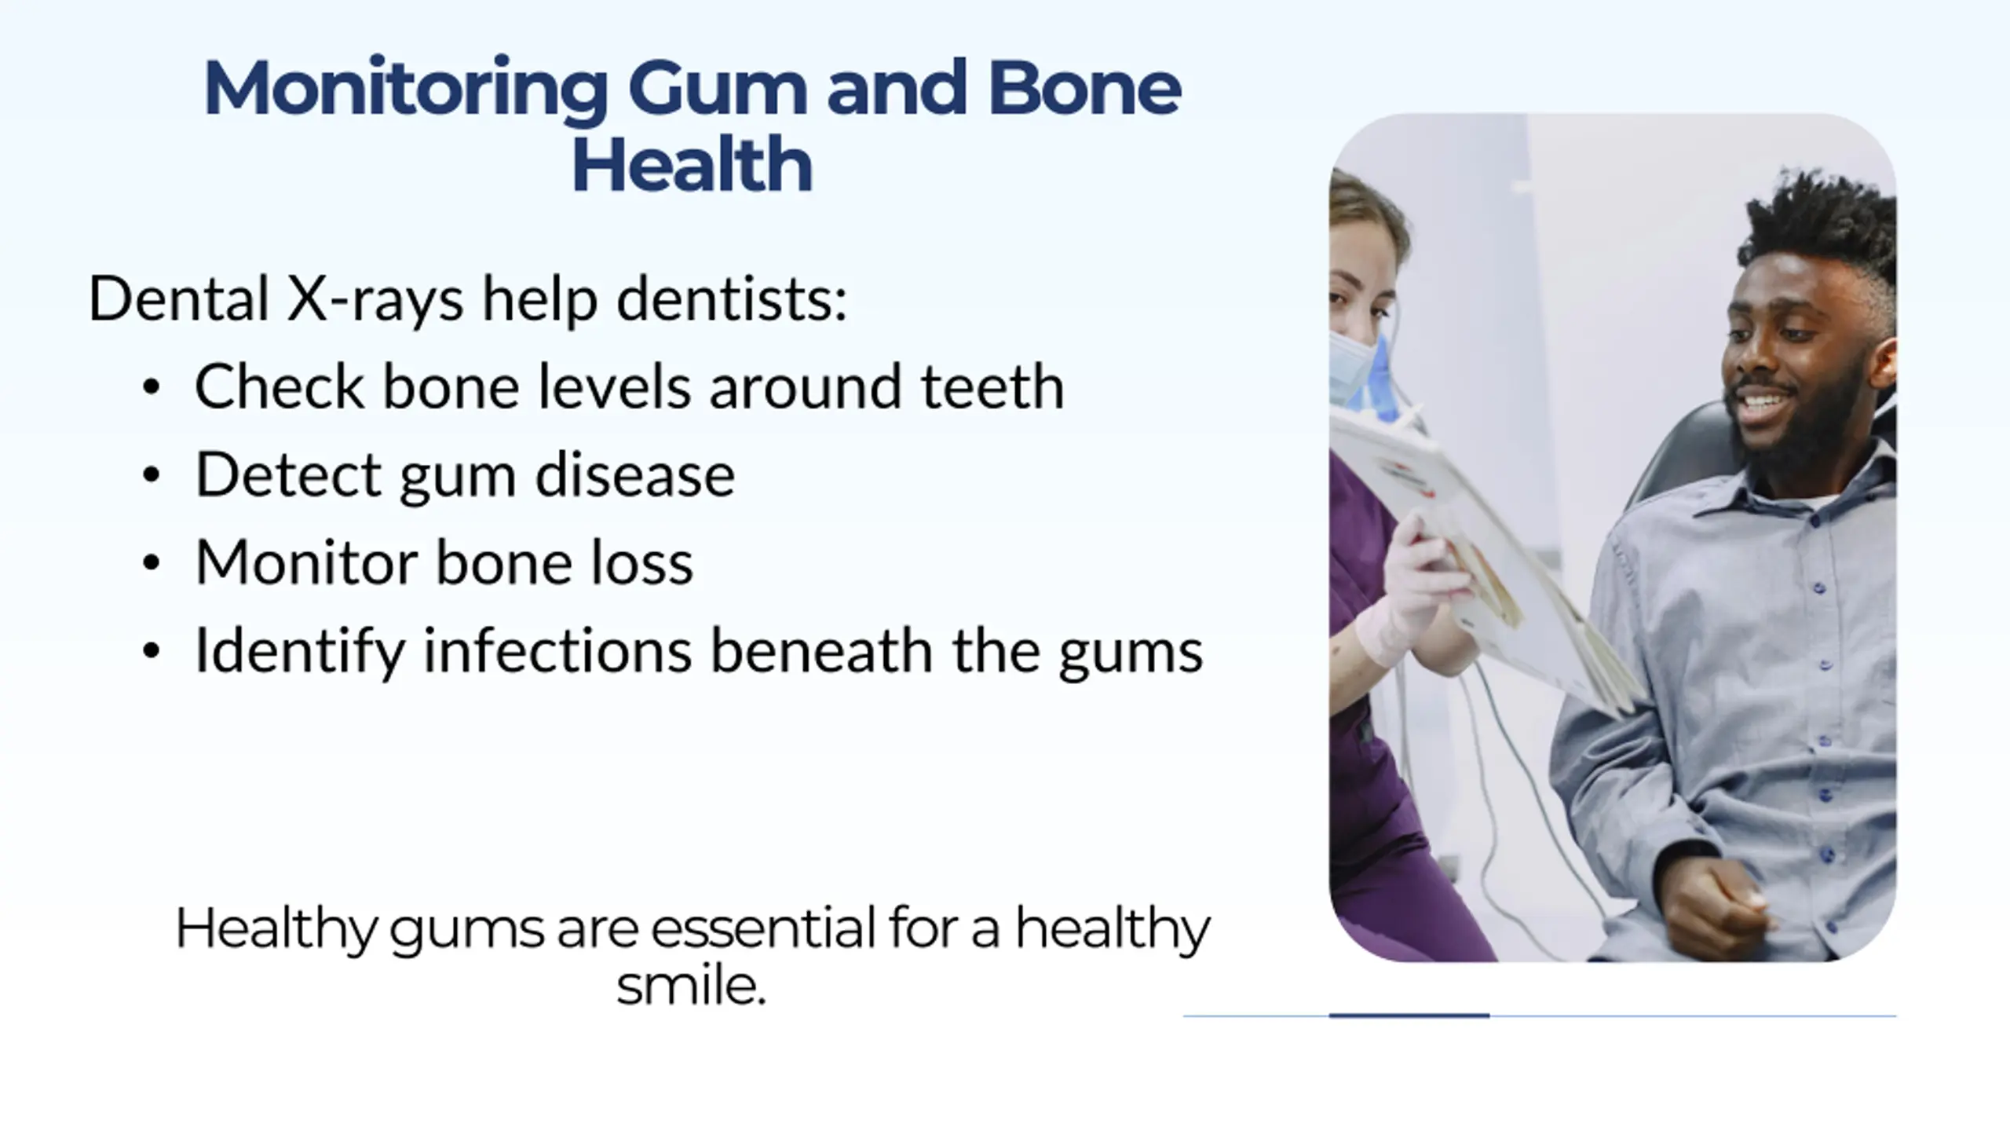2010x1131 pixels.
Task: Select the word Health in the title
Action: pos(692,164)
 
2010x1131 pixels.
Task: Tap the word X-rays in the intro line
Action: pos(375,301)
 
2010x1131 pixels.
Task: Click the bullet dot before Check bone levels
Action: pos(152,386)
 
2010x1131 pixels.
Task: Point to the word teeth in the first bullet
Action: pos(992,386)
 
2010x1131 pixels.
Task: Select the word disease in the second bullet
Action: pos(634,474)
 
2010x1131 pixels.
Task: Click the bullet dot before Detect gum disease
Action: pos(152,474)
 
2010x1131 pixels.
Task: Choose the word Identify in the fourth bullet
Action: pos(299,652)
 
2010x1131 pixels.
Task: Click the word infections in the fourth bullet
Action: pos(557,650)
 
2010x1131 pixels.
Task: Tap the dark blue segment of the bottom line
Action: pos(1409,1016)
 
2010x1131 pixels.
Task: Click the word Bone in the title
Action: pos(1084,89)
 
